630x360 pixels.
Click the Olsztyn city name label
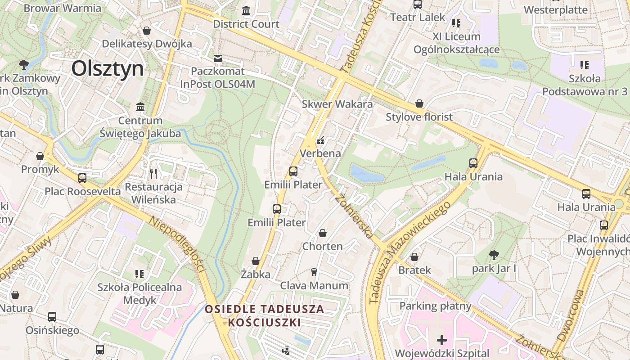pos(108,69)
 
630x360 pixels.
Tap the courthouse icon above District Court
pos(246,10)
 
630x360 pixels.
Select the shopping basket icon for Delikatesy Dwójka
pos(147,31)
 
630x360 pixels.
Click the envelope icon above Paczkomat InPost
pos(218,58)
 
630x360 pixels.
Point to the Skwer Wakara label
pos(337,104)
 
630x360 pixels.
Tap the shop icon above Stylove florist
pos(419,104)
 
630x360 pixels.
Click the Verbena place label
pos(320,153)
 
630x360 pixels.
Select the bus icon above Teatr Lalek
pos(418,4)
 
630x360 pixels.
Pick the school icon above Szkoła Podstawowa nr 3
pos(585,65)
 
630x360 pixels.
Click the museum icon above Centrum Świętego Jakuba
pos(140,107)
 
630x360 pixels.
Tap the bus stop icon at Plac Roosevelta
pos(82,178)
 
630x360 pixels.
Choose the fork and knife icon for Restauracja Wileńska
pos(153,173)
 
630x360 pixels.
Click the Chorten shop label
pos(322,246)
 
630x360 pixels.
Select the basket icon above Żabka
pos(256,261)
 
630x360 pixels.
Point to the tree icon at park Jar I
pos(494,255)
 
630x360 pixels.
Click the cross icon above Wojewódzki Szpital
pos(442,340)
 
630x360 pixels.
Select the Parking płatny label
pos(435,306)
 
